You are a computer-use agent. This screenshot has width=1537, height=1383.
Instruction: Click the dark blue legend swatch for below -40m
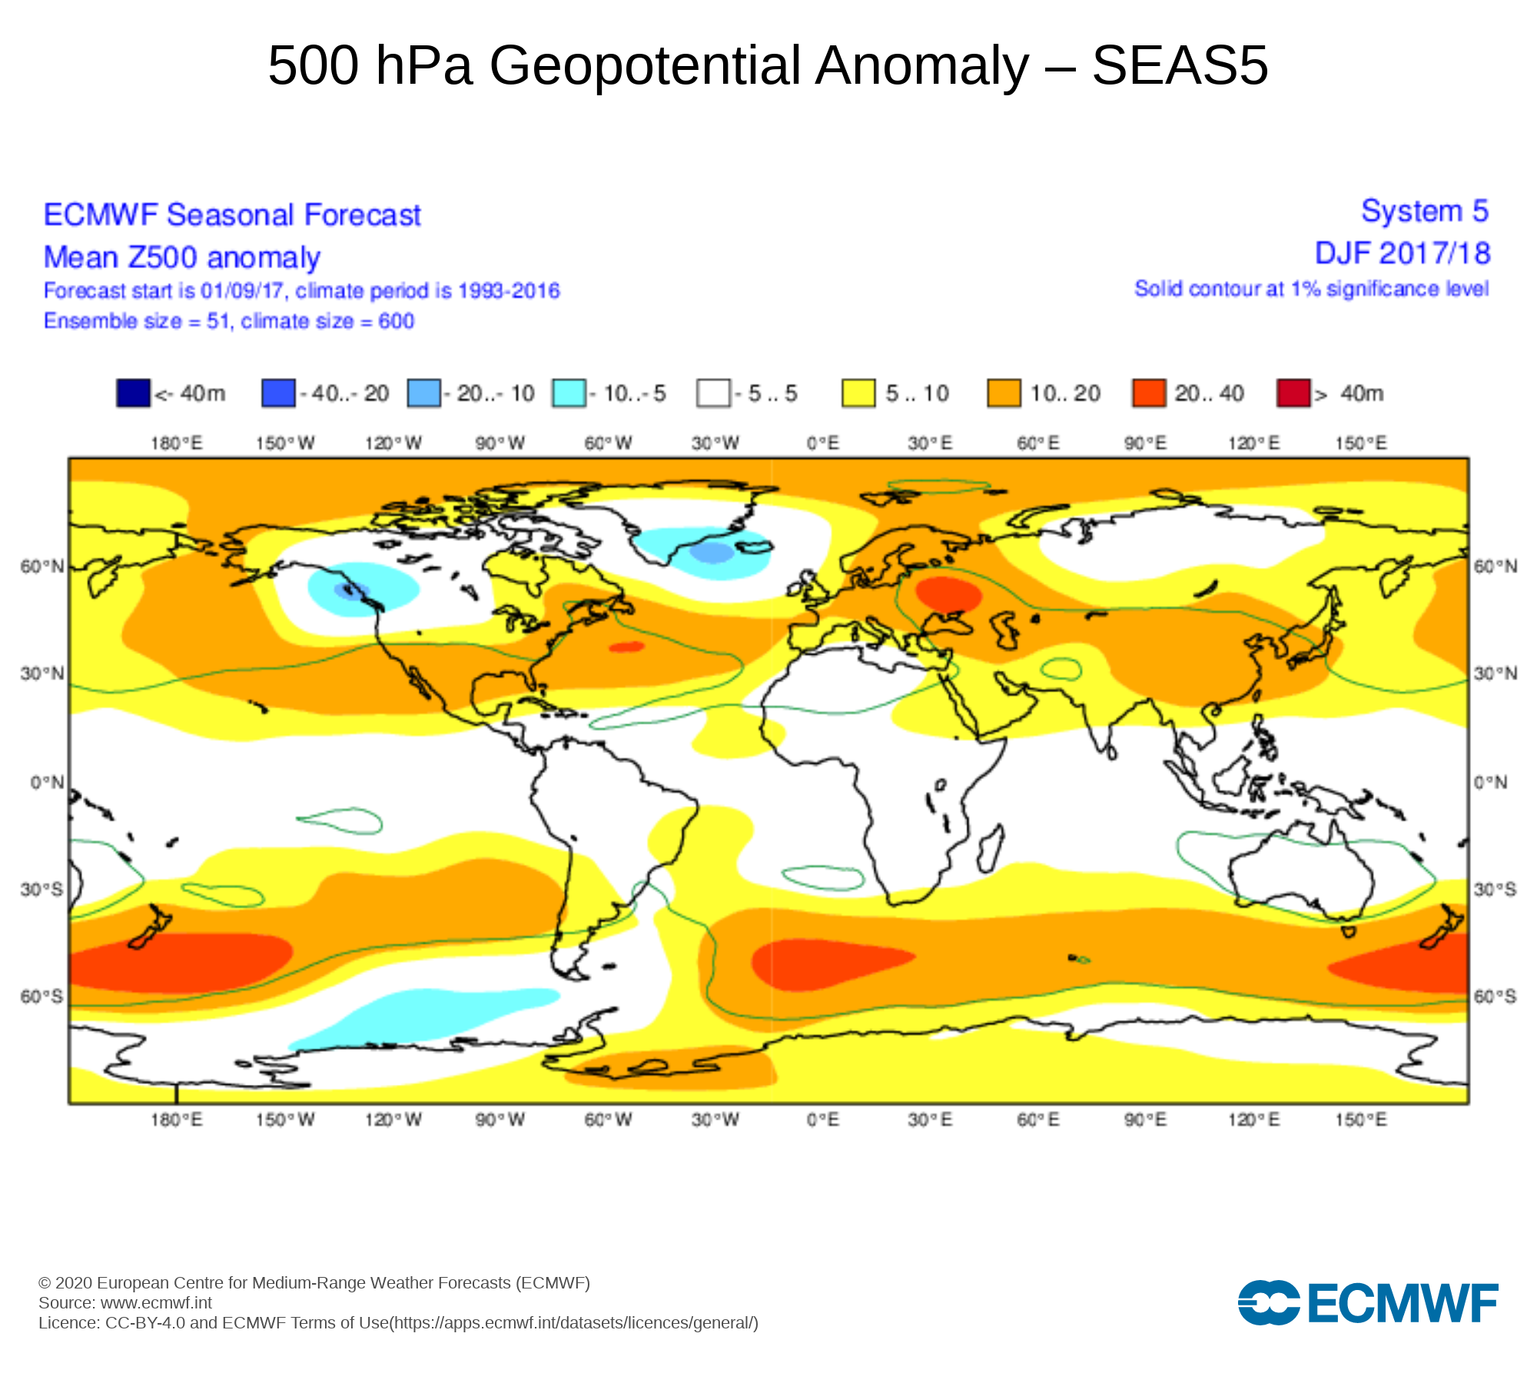tap(132, 393)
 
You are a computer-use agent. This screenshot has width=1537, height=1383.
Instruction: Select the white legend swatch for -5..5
tap(712, 393)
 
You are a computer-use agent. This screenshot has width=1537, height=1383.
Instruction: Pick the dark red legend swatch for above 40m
tap(1293, 393)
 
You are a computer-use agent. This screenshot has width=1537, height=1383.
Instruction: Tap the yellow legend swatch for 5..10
tap(858, 393)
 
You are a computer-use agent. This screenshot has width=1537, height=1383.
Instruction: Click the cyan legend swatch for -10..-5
tap(569, 393)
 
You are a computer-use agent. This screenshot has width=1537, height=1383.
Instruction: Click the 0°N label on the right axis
tap(1490, 783)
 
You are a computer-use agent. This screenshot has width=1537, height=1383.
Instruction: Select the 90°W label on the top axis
tap(500, 443)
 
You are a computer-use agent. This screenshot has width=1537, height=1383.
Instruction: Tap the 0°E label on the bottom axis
tap(823, 1119)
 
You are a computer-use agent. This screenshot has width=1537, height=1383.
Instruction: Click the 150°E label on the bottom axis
tap(1361, 1119)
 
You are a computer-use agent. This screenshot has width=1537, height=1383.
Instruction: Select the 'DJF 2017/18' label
tap(1402, 254)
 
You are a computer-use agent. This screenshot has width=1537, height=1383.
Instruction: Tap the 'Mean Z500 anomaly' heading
tap(181, 257)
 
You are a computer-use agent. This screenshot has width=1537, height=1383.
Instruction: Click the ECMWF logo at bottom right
tap(1367, 1303)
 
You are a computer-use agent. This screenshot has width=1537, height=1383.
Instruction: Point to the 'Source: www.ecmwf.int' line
tap(125, 1302)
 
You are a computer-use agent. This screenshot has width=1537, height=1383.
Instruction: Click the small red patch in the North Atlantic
tap(626, 647)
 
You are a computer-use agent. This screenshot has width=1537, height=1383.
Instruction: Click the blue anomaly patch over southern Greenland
tap(712, 552)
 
